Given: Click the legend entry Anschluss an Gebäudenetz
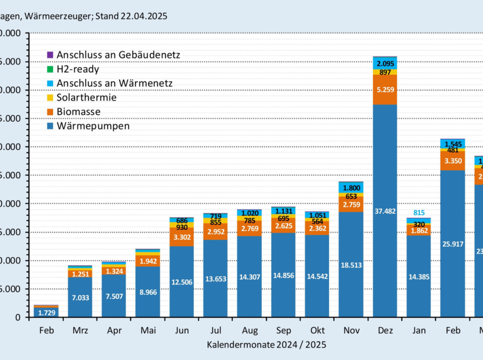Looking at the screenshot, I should click(x=118, y=55).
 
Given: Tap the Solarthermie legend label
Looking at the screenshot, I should click(x=86, y=98).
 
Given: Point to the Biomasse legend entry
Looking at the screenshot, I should click(x=78, y=112).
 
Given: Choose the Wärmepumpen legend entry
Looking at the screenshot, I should click(x=93, y=126).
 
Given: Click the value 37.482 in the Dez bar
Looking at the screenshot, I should click(x=385, y=211).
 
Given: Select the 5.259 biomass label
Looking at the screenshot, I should click(x=385, y=89).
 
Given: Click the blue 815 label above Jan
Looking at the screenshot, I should click(x=420, y=213).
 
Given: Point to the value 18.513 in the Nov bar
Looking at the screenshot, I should click(x=351, y=265).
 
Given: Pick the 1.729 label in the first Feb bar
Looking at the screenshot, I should click(x=46, y=312).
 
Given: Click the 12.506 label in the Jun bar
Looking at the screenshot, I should click(x=181, y=281).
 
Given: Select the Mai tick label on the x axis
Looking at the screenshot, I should click(x=148, y=330).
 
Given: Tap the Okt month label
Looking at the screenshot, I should click(x=317, y=330).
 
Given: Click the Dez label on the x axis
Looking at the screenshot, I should click(x=385, y=330).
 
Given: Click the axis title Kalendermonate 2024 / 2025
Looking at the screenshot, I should click(x=266, y=344).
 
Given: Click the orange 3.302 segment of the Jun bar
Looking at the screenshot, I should click(x=181, y=237).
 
